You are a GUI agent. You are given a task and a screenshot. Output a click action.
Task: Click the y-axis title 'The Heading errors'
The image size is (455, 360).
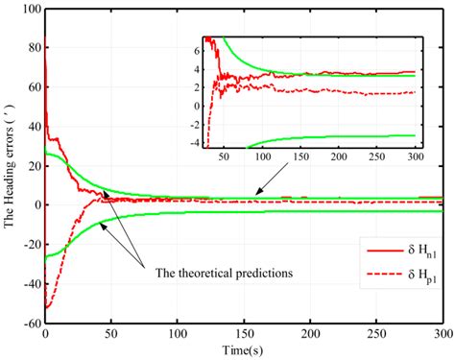[11, 163]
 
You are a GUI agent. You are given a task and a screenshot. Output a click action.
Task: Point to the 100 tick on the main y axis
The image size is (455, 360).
[29, 9]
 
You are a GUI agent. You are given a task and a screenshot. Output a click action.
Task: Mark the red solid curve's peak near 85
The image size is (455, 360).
[46, 38]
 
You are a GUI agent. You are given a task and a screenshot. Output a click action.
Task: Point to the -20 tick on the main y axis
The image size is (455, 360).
[29, 244]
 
